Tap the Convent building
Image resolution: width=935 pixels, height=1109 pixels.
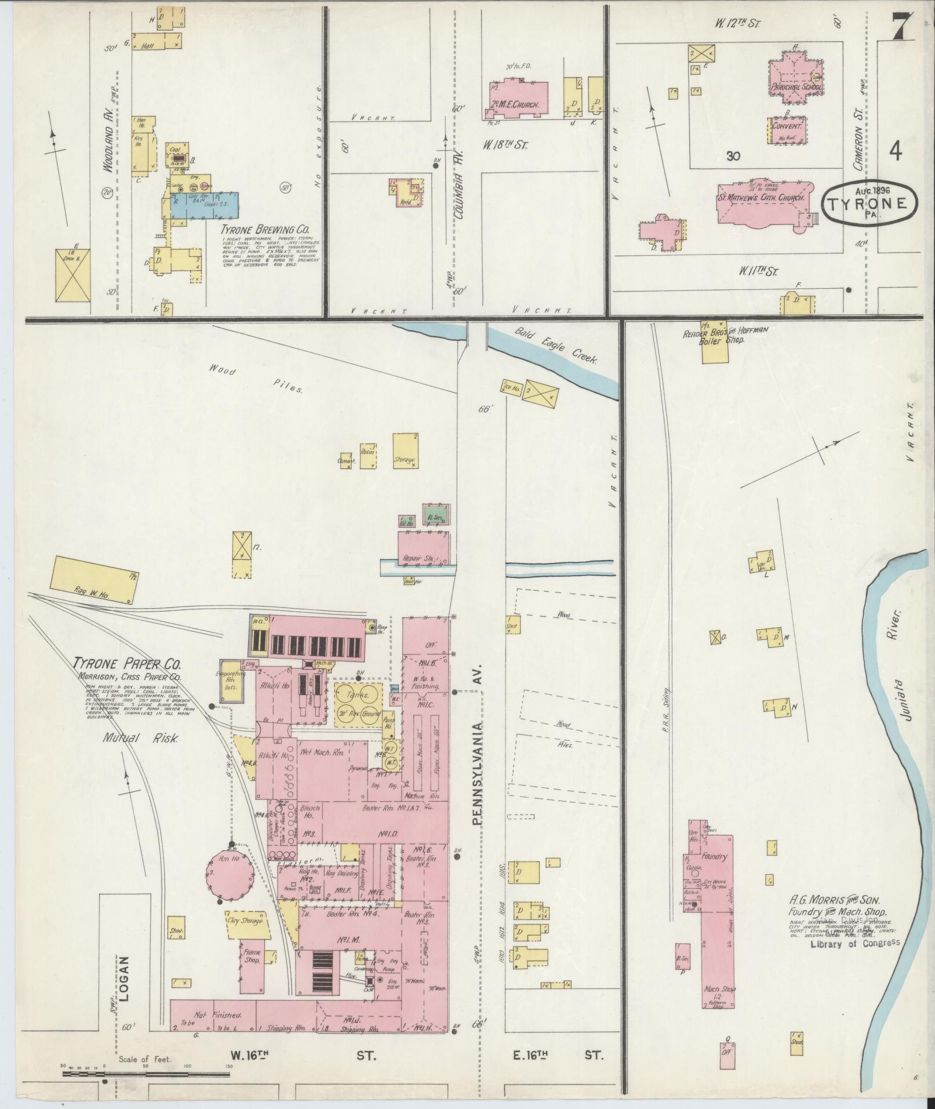point(786,130)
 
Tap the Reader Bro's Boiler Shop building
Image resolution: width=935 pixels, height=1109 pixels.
point(715,341)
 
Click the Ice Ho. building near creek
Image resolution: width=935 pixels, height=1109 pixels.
point(512,387)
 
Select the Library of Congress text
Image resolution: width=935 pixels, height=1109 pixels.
point(855,942)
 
